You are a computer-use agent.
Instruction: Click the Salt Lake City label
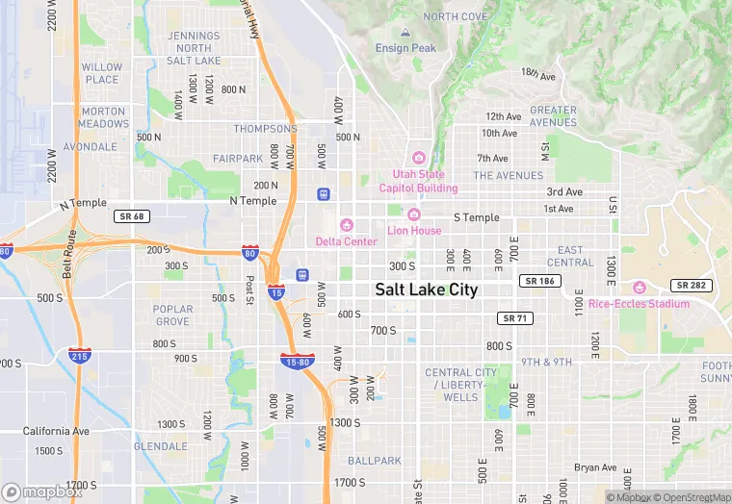pos(426,290)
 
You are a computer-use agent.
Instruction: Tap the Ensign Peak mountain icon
pos(405,33)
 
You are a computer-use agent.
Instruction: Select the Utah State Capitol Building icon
pos(418,158)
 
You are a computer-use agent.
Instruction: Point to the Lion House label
pos(414,231)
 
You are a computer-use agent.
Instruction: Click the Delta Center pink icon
pos(347,225)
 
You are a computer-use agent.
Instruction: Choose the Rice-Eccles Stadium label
pos(640,304)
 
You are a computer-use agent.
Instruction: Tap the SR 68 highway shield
pos(129,216)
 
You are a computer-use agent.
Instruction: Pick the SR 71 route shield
pos(514,317)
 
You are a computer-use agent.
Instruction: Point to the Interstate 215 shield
pos(80,356)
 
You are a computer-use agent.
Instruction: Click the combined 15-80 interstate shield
pos(296,362)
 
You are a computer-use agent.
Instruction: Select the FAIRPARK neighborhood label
pos(237,158)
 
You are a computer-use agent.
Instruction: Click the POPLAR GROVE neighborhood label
pos(172,315)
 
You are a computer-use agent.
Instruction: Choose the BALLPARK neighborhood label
pos(375,461)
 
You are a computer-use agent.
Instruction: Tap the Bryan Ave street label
pos(594,467)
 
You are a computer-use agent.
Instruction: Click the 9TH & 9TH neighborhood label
pos(547,362)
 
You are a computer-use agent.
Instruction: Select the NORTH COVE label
pos(455,16)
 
